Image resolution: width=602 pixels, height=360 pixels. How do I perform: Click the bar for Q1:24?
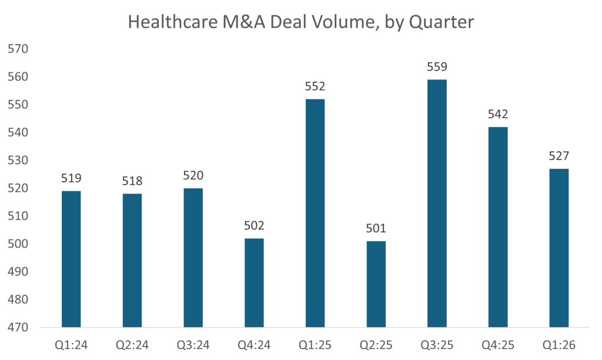coord(71,259)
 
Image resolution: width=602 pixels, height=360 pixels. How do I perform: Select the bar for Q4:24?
coord(254,282)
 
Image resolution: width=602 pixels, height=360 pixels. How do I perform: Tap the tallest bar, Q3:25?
coord(437,203)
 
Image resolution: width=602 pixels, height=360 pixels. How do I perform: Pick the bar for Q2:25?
coord(376,284)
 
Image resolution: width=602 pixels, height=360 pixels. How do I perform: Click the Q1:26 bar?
coord(558,248)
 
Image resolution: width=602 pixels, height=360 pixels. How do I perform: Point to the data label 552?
coord(315,86)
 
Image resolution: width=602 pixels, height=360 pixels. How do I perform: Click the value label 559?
coord(437,67)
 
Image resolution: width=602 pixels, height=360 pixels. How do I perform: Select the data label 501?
coord(376,228)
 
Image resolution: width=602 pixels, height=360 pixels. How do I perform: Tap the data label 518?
coord(132,181)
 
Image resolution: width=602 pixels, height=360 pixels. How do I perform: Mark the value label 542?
coord(498,114)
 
